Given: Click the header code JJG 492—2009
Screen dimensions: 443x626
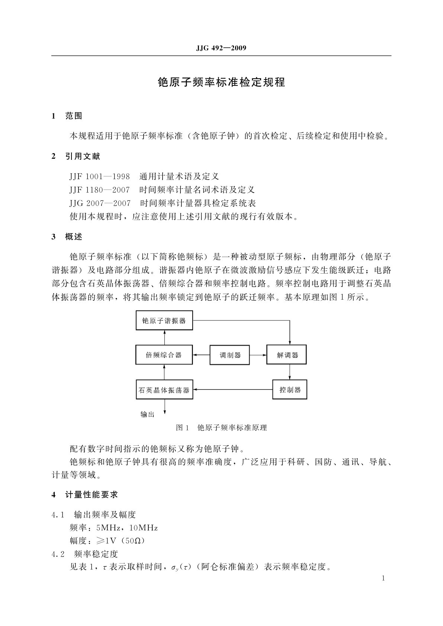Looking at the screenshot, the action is tap(221, 48).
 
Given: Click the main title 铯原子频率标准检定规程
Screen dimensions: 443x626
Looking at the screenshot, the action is tap(221, 82).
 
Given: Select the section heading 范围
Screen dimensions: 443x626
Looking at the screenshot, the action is tap(74, 116).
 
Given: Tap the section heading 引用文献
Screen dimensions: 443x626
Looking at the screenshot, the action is tap(83, 156).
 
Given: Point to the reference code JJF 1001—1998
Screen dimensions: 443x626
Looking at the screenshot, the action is tap(100, 176).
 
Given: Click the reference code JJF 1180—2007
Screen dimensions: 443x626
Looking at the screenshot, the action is tap(100, 190).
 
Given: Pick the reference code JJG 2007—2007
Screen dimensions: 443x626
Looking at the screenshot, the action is tap(100, 203).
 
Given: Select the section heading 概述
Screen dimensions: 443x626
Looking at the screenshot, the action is tap(74, 237).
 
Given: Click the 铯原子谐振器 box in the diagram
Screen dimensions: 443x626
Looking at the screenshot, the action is tap(164, 320).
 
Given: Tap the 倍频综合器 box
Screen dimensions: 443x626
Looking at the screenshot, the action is tap(164, 355).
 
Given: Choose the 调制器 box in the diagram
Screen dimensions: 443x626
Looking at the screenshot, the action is tap(230, 355).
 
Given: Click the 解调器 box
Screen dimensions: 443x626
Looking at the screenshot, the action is tap(288, 355).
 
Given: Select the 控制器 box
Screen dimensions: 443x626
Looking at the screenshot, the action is tap(290, 390).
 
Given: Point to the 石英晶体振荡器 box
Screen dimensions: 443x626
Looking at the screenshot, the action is tap(164, 390).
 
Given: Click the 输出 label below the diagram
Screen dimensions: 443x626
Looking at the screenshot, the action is tap(147, 414).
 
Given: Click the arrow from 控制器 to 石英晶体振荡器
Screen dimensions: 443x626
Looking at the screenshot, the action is tap(232, 390).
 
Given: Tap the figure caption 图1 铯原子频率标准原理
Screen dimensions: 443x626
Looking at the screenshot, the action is tap(221, 427).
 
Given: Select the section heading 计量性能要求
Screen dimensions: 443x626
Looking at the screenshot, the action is tap(92, 495).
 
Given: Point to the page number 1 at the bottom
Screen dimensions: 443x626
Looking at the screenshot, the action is tap(383, 578).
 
